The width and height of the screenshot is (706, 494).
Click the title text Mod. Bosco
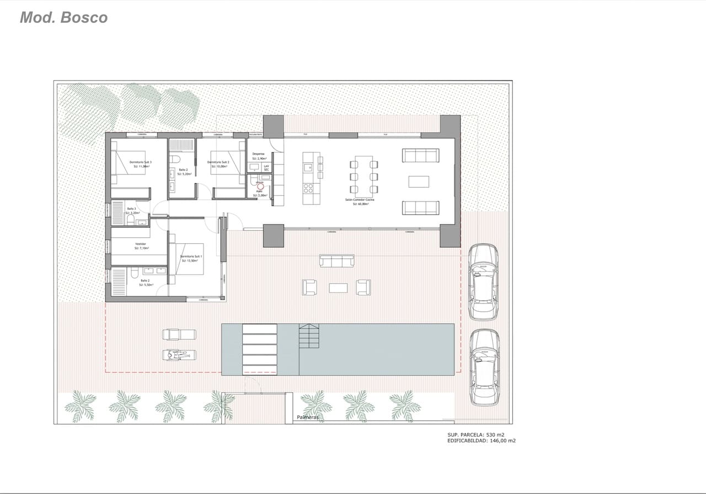click(x=63, y=17)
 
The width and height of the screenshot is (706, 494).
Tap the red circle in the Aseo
click(x=260, y=188)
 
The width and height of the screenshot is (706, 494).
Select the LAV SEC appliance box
click(x=266, y=167)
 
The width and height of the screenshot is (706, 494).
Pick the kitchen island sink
click(x=308, y=163)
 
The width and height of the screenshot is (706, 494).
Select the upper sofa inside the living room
click(x=420, y=155)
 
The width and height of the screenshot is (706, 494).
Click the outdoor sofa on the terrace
click(x=337, y=261)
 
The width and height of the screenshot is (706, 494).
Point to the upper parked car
click(x=483, y=281)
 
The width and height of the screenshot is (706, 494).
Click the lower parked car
click(x=484, y=367)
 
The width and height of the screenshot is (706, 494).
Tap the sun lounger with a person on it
click(x=179, y=355)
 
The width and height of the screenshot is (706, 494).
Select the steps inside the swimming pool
click(x=309, y=336)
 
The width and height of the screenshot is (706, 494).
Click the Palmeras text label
click(x=307, y=417)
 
